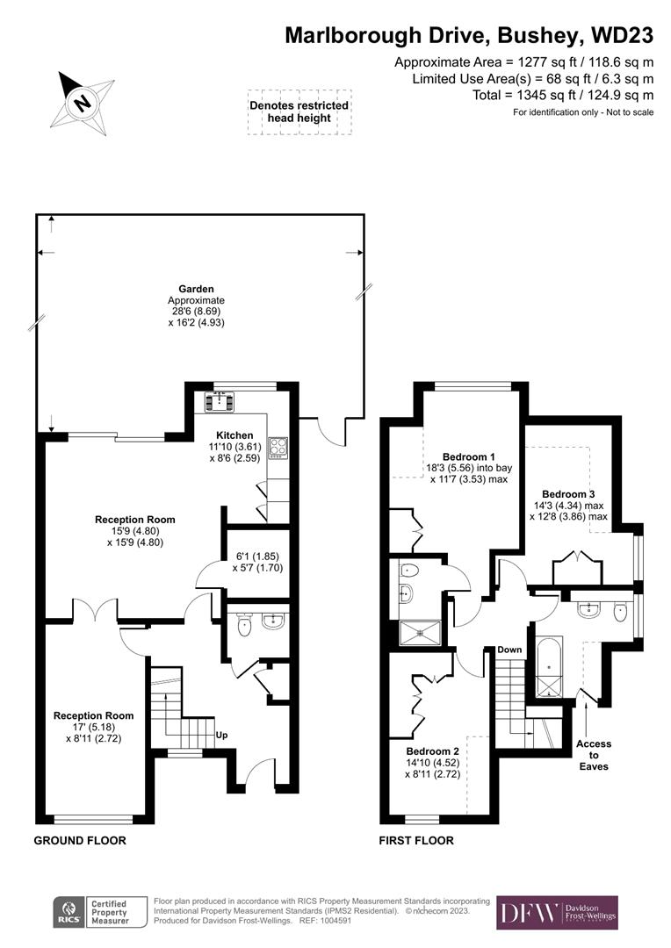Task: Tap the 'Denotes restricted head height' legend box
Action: [x=299, y=111]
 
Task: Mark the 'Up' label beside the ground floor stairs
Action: [x=223, y=736]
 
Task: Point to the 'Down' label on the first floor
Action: [x=509, y=650]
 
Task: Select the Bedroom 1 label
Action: [x=468, y=457]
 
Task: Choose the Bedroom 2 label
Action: [x=432, y=752]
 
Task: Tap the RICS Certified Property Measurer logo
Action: [x=91, y=913]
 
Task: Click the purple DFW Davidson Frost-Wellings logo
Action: [x=557, y=913]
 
